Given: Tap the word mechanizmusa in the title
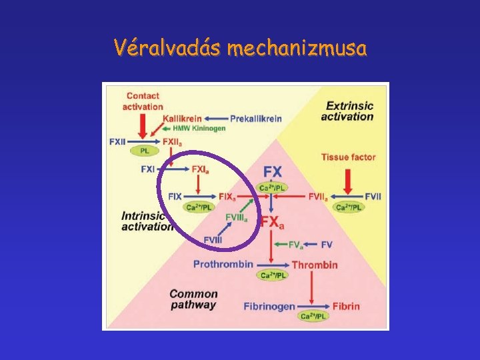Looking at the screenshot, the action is click(297, 49).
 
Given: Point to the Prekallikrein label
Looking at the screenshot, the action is click(256, 119).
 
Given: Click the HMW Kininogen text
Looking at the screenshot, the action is click(199, 128).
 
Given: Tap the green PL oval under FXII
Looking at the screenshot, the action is click(145, 152).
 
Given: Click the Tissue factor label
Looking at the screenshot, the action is click(348, 157).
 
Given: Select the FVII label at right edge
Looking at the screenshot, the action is click(373, 197).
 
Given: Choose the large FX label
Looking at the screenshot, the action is click(273, 172).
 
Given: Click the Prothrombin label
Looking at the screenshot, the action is click(223, 264).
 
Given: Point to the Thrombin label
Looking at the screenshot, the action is click(315, 265).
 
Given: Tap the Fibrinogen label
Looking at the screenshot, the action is click(269, 307).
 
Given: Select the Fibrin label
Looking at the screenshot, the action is click(346, 307).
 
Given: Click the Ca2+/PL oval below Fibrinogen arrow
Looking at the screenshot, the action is click(312, 316).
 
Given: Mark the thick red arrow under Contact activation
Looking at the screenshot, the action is click(142, 125).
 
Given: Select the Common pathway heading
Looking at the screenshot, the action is click(193, 299).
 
